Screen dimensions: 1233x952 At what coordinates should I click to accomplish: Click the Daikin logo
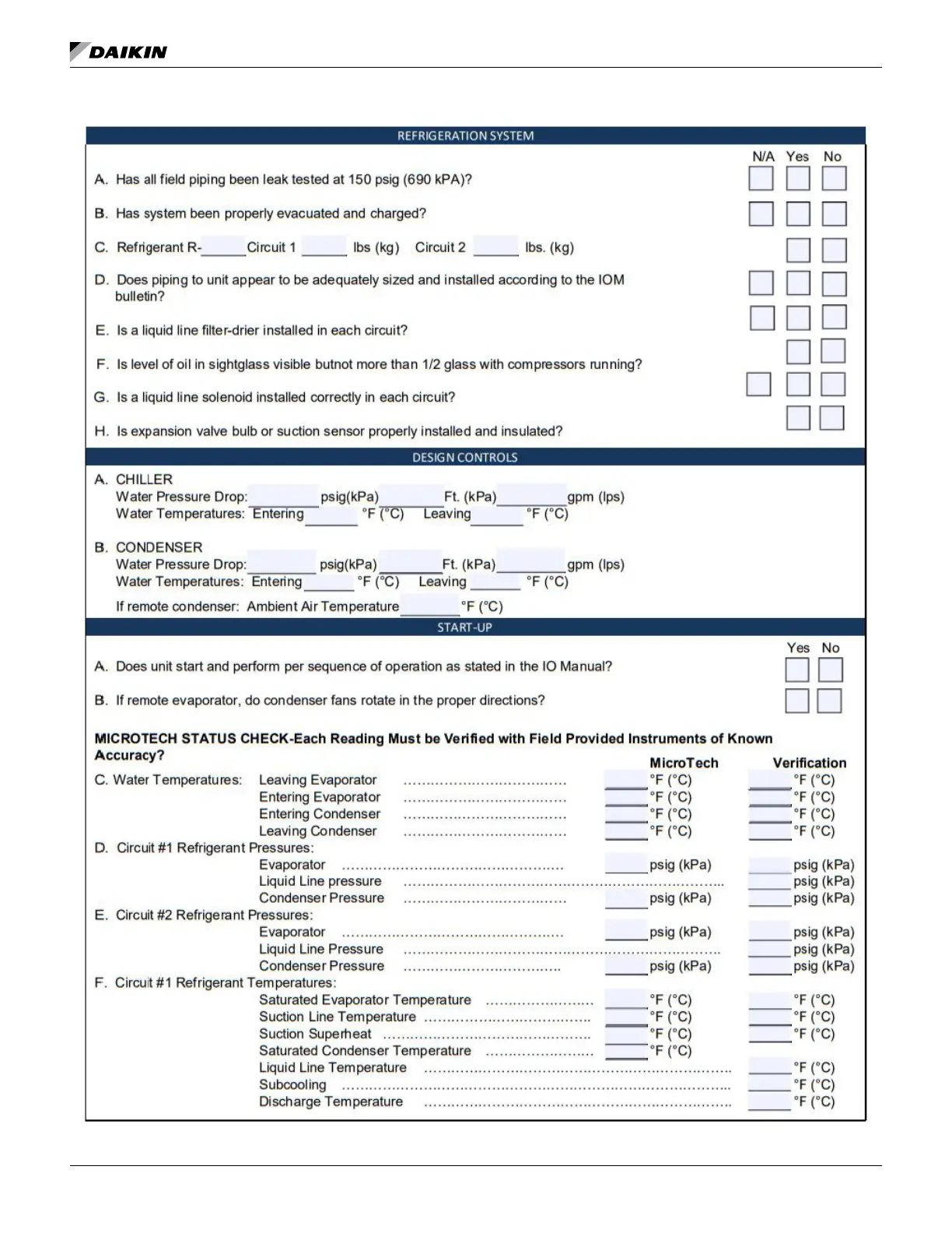118,51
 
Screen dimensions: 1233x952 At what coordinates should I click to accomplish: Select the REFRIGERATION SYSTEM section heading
465,135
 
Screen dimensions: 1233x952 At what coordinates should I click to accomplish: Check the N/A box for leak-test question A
761,178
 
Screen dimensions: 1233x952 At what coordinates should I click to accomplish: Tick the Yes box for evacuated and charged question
798,214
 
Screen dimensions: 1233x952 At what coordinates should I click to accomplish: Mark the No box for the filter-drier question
834,318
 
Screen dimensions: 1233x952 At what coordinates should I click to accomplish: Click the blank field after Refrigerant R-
223,247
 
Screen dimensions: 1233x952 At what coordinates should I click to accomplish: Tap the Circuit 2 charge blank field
495,247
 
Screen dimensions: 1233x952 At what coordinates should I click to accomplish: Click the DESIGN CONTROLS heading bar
465,457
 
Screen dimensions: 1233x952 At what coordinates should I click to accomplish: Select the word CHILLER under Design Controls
144,479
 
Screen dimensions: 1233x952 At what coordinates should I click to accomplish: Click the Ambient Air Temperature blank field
430,606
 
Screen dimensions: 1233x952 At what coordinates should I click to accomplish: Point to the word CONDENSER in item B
159,547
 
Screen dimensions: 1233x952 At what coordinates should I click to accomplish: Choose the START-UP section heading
464,627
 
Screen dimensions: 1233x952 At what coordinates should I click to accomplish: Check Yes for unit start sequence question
797,669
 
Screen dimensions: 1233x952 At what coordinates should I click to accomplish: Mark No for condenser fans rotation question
829,701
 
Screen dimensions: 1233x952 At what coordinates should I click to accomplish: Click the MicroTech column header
684,763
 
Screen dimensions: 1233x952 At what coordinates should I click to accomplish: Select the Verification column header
809,763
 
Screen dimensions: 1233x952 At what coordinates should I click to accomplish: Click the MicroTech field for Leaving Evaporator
626,779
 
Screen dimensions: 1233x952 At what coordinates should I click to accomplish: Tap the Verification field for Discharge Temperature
769,1101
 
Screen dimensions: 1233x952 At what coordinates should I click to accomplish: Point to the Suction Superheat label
315,1034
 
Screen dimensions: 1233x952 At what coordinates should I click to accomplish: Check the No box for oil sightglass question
833,351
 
